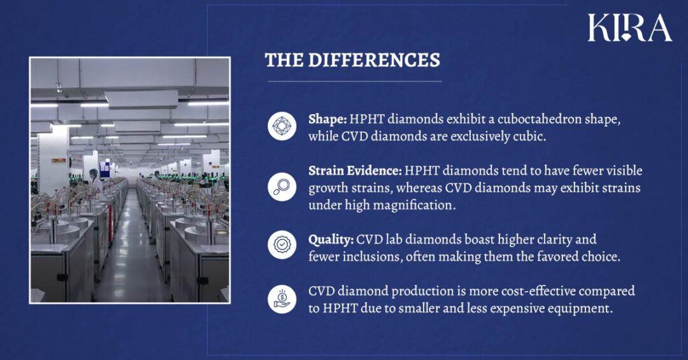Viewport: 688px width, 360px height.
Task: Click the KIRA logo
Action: (x=629, y=27)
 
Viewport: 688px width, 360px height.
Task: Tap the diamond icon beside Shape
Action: (x=282, y=126)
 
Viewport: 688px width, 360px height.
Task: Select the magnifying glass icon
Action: (x=282, y=187)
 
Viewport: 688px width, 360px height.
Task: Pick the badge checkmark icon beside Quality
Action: (x=282, y=245)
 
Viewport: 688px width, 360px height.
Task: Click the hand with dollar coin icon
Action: (x=282, y=298)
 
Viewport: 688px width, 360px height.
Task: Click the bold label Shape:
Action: (x=327, y=119)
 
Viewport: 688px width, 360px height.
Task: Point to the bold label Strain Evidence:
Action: (x=355, y=171)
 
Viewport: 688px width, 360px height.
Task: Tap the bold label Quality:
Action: (x=331, y=240)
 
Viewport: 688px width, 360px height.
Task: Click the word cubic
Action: (x=529, y=136)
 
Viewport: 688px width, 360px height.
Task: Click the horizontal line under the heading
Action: (x=354, y=82)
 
